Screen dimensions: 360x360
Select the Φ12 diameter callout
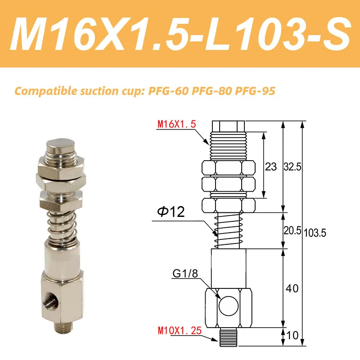(x=171, y=212)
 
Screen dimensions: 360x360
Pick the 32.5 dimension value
(x=292, y=167)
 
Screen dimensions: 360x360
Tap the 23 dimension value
(x=270, y=167)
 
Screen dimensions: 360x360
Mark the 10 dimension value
(x=292, y=335)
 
